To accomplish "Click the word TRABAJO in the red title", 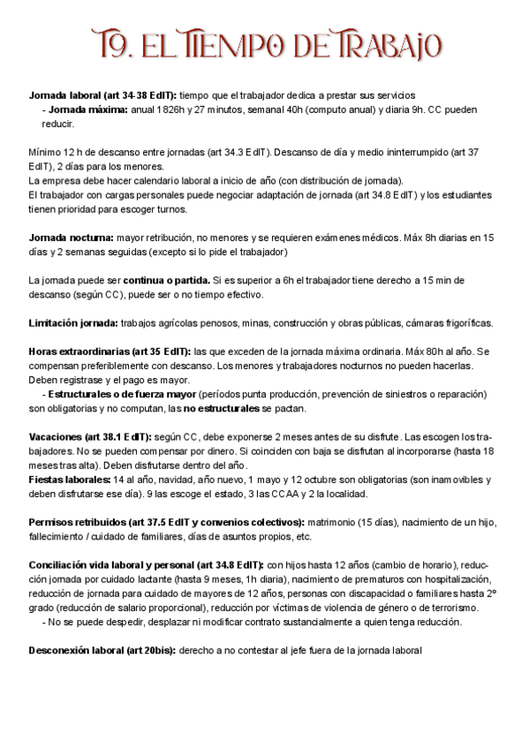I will (386, 42).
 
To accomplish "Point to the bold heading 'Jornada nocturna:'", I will (72, 238).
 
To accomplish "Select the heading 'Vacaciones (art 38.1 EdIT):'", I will (90, 436).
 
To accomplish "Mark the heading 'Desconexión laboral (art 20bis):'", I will (102, 650).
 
